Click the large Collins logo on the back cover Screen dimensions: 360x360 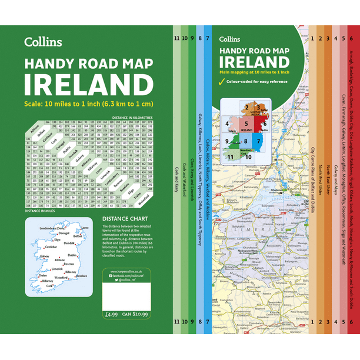pyautogui.click(x=42, y=42)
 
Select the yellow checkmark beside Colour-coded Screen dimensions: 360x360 pyautogui.click(x=221, y=81)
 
